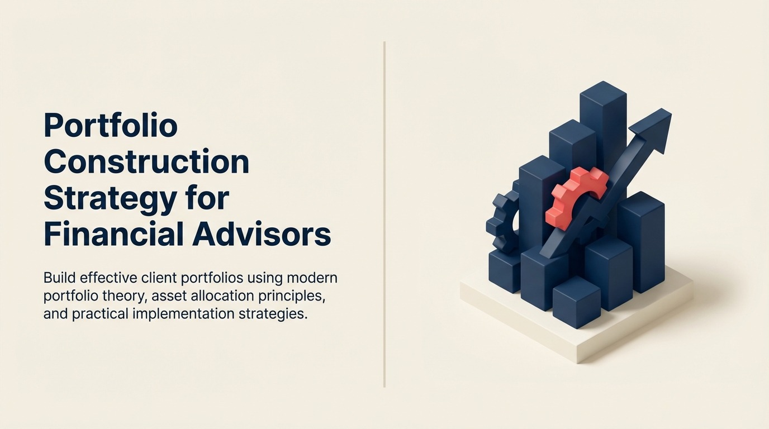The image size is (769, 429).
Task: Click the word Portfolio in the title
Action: [111, 125]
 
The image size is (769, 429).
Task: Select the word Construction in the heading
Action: [146, 161]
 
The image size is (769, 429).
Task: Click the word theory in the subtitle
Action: [122, 297]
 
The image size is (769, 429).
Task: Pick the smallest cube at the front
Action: [576, 302]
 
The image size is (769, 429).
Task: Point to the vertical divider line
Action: [384, 214]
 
